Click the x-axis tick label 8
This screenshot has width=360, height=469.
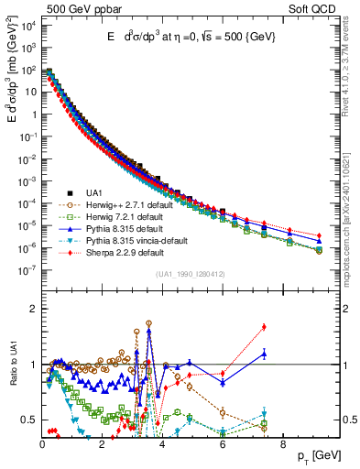[282, 444]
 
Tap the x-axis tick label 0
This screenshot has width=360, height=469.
[42, 444]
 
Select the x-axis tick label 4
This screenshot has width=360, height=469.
[162, 444]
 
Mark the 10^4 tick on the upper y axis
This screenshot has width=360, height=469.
[27, 26]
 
